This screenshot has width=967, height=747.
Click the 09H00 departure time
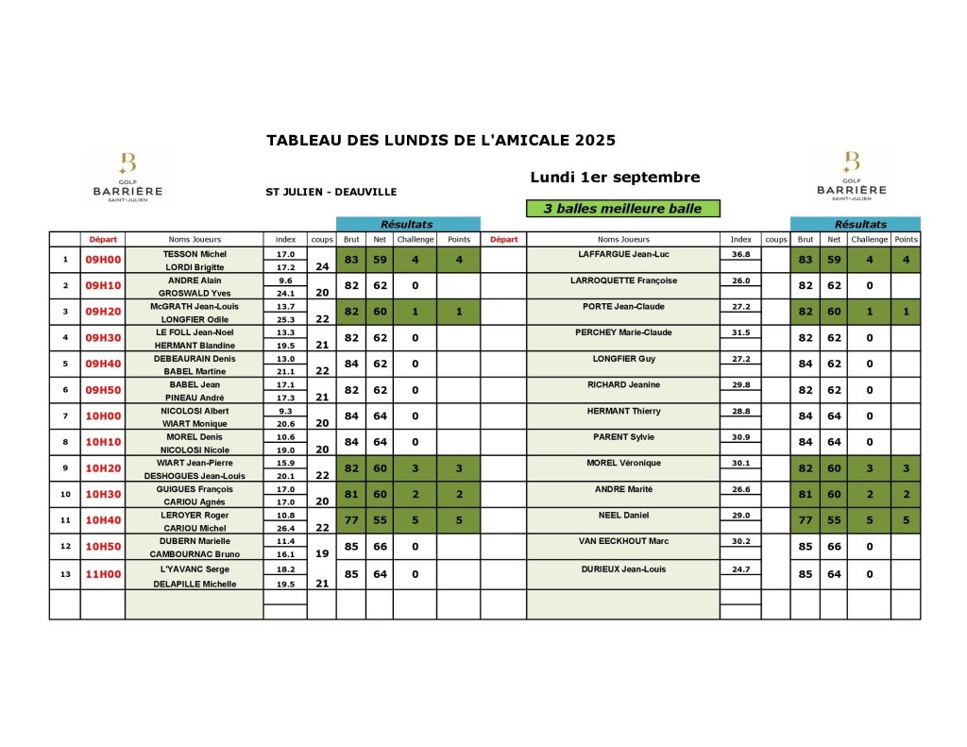103,260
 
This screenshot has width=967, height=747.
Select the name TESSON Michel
195,254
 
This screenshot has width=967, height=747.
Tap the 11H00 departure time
103,573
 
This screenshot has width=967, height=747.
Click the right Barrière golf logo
851,177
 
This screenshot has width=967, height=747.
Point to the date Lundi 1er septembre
615,177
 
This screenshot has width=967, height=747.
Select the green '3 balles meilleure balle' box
622,209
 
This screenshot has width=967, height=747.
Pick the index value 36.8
740,254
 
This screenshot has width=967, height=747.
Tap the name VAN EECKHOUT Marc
623,541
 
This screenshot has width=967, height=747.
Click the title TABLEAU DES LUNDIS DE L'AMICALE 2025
441,140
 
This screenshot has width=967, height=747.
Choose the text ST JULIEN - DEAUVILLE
331,192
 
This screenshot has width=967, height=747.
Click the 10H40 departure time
103,521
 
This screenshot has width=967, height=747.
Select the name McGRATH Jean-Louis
195,306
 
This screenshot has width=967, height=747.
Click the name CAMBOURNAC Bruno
195,554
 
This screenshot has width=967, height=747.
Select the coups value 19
322,554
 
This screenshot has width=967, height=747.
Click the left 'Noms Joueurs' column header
195,239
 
